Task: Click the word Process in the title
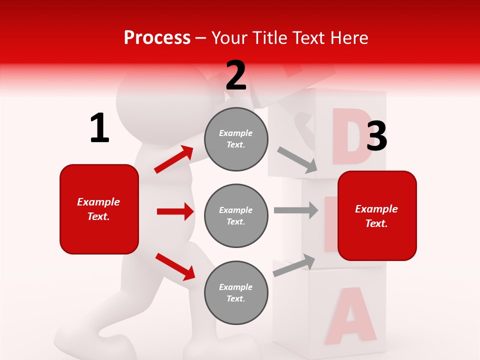[x=157, y=38]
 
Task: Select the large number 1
[x=99, y=128]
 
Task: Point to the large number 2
[x=236, y=75]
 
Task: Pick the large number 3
[x=376, y=137]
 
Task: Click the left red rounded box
[x=99, y=209]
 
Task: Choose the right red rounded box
[x=377, y=215]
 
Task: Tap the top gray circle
[x=236, y=139]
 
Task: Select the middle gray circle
[x=236, y=215]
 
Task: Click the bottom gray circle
[x=236, y=292]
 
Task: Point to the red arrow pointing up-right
[x=174, y=159]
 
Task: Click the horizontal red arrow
[x=175, y=211]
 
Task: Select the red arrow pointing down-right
[x=175, y=266]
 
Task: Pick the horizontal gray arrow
[x=296, y=210]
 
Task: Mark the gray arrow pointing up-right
[x=294, y=265]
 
